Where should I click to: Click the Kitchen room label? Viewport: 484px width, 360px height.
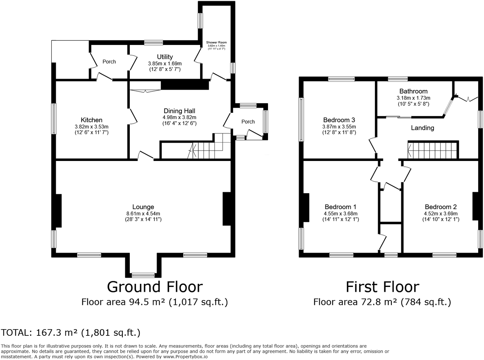click(x=91, y=120)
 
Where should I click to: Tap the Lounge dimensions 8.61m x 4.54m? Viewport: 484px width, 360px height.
click(x=143, y=214)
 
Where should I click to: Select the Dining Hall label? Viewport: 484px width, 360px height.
click(x=179, y=111)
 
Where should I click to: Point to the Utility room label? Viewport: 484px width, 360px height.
click(x=165, y=57)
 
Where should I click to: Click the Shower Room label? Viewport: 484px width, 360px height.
click(x=216, y=43)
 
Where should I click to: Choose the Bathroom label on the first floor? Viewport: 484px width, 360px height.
click(x=413, y=91)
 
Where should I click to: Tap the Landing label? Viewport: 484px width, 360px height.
click(x=422, y=128)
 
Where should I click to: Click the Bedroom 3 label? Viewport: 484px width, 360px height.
click(x=339, y=120)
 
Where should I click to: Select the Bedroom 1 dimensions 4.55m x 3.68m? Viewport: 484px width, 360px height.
click(x=341, y=214)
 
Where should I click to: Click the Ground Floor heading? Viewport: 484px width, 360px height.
click(x=155, y=287)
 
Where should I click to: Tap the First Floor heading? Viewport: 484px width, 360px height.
click(x=382, y=287)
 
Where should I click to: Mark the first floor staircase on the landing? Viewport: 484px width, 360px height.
click(x=433, y=150)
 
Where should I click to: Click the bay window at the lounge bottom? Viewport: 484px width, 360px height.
click(x=143, y=275)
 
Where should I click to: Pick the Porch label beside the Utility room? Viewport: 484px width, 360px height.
click(x=109, y=62)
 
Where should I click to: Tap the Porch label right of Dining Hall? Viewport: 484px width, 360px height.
click(x=248, y=122)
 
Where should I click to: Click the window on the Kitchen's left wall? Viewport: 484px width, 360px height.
click(x=54, y=119)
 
